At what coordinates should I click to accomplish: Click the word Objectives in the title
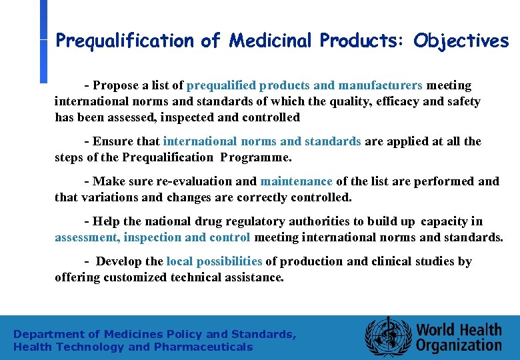(461, 41)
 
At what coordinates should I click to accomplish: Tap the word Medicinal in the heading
(271, 41)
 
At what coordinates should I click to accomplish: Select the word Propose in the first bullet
(115, 85)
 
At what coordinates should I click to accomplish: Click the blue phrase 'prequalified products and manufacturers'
(305, 85)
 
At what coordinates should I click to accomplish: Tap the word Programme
(257, 158)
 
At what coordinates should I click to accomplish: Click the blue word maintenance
(296, 181)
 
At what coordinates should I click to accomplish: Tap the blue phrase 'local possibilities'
(214, 261)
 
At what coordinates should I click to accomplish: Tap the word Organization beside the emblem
(459, 345)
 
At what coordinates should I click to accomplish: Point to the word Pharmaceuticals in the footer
(203, 347)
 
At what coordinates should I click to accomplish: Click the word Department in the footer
(48, 334)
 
